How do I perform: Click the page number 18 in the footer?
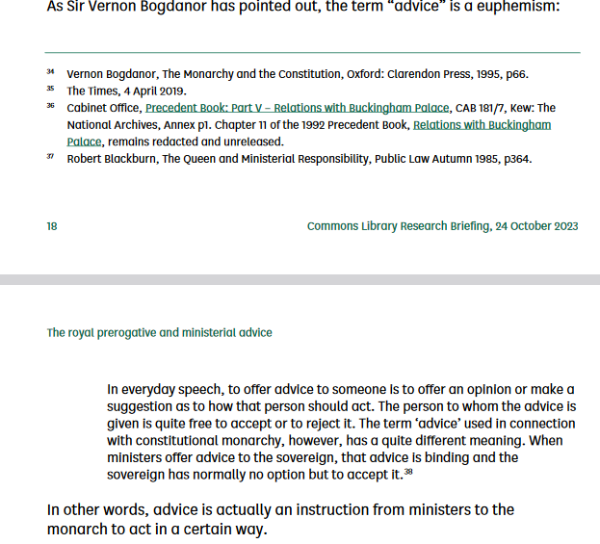pos(52,226)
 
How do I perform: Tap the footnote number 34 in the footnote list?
pos(50,72)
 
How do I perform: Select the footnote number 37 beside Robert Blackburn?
pos(50,157)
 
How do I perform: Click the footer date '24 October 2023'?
pos(534,226)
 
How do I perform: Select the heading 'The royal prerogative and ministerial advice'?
pos(159,332)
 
